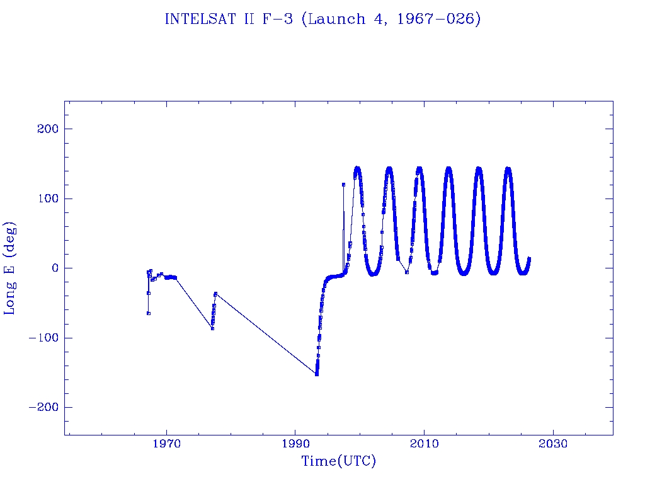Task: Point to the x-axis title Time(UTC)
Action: coord(338,461)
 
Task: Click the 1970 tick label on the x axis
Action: coord(167,444)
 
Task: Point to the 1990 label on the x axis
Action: coord(295,444)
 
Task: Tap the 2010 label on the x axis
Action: coord(424,444)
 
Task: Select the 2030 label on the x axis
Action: coord(553,444)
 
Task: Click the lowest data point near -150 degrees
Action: coord(316,374)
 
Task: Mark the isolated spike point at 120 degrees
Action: coord(343,185)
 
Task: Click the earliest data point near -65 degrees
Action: coord(148,313)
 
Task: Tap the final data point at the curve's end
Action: coord(529,258)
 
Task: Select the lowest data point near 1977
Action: coord(212,328)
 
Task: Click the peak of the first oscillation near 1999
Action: coord(357,168)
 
